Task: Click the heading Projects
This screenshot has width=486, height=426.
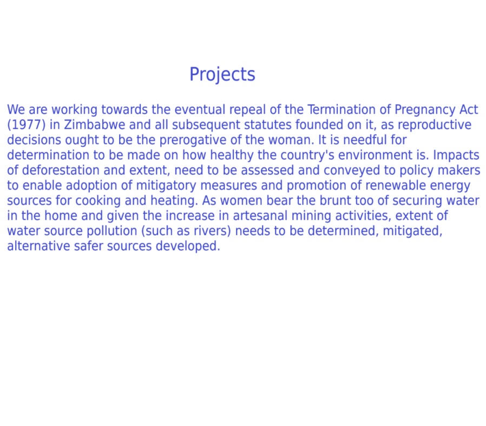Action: click(222, 75)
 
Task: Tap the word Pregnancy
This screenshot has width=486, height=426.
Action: click(425, 110)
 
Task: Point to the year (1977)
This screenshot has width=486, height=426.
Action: click(27, 125)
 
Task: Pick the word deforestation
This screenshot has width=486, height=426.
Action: click(61, 170)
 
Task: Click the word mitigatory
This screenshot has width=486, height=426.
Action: click(166, 186)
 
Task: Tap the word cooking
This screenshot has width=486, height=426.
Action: click(98, 201)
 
